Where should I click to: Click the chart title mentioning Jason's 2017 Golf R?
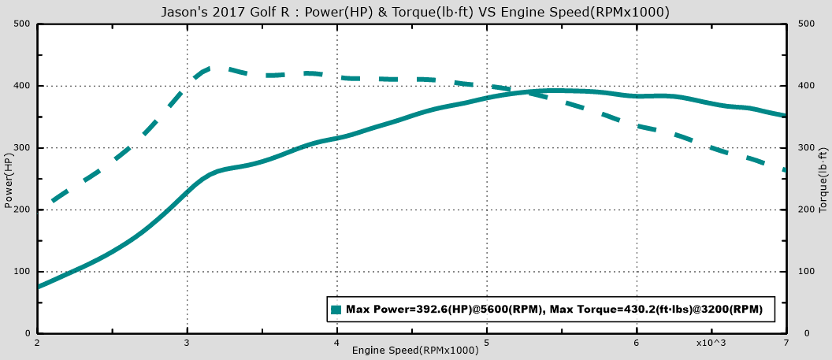[415, 12]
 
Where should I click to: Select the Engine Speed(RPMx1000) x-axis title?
[415, 350]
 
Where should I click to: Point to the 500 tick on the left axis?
[22, 24]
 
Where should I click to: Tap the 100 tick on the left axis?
[22, 272]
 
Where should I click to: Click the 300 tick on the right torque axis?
[805, 147]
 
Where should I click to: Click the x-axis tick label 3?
[187, 343]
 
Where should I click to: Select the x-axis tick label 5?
[487, 343]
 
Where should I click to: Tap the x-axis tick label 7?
[786, 343]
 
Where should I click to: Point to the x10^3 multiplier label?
[710, 343]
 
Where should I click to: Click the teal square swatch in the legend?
[336, 310]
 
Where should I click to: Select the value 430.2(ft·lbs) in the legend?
[647, 310]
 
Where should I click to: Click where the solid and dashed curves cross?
[523, 92]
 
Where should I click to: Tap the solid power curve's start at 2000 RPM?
[38, 287]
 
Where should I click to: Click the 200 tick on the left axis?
[22, 210]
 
